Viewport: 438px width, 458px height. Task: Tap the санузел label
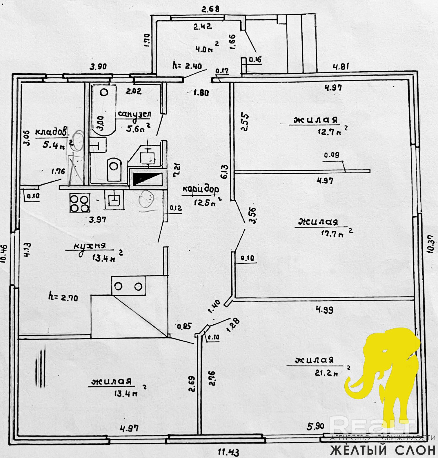[x=134, y=114]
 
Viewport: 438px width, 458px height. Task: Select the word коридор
[x=201, y=189]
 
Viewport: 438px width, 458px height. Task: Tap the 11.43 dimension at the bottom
[x=229, y=452]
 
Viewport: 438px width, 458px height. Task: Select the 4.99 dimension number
[x=324, y=310]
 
